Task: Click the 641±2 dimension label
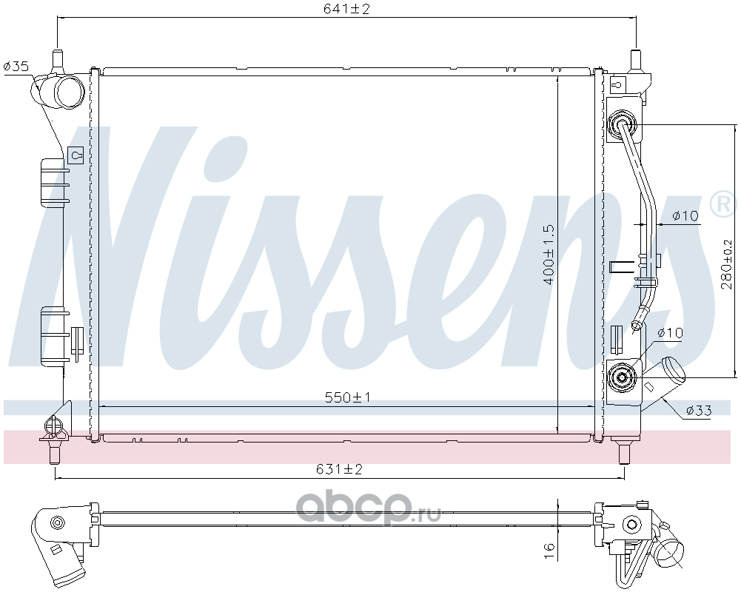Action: pyautogui.click(x=346, y=9)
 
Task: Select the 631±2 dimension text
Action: pyautogui.click(x=339, y=469)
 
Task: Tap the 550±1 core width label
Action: pyautogui.click(x=348, y=397)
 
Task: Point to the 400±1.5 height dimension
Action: pyautogui.click(x=549, y=254)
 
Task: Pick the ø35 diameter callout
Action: pyautogui.click(x=16, y=66)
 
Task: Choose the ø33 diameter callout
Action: pyautogui.click(x=699, y=410)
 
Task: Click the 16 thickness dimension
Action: pyautogui.click(x=549, y=551)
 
